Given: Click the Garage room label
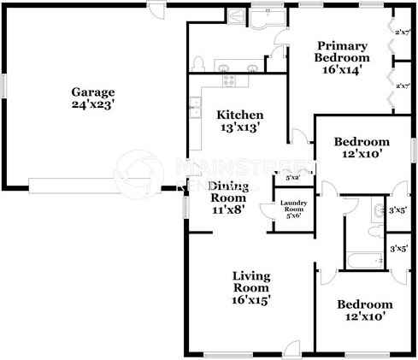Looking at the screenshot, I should coord(93,91).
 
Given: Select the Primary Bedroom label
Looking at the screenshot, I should coord(342,52).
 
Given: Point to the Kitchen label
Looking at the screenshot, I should coord(238,115).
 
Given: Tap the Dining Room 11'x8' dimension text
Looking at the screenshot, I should coord(228,210).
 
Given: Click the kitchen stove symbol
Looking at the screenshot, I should coord(229,80).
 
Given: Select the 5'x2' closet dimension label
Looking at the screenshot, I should coord(291,179).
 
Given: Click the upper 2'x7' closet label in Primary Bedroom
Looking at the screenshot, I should coord(403,32).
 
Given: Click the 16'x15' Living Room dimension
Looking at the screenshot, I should coord(252,300).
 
